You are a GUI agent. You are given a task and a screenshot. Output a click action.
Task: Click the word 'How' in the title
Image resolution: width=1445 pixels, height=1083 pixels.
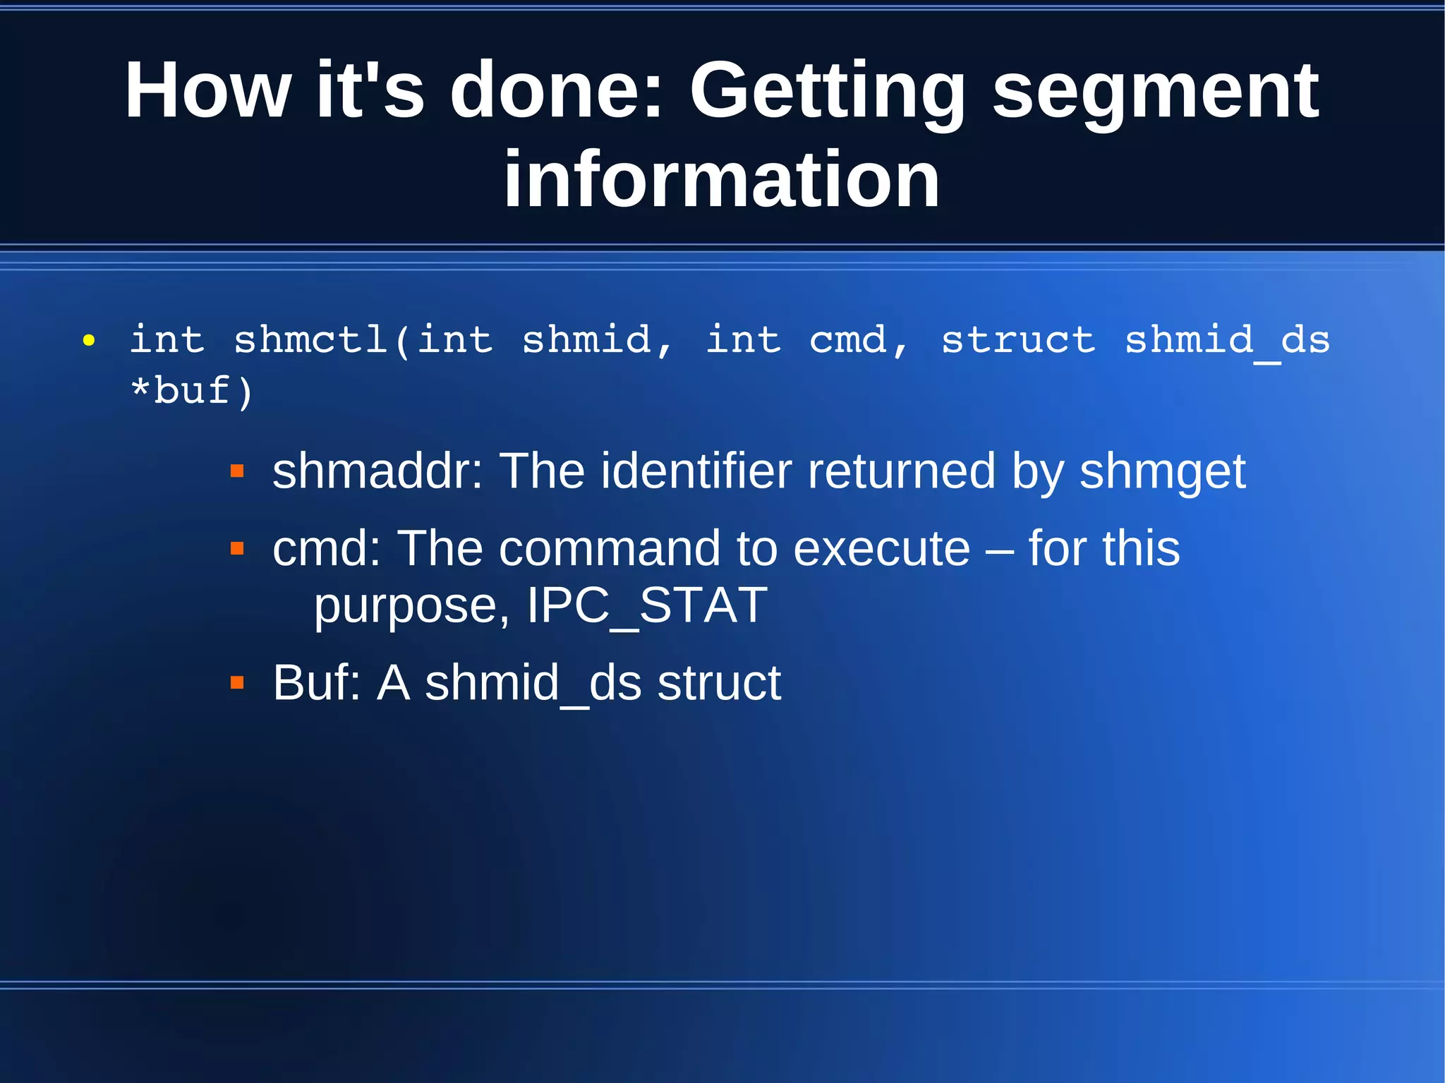point(207,90)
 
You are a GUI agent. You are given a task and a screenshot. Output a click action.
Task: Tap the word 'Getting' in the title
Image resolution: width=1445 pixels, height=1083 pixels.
point(826,92)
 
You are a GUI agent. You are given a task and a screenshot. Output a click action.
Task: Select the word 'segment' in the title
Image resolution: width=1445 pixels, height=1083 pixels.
point(1155,92)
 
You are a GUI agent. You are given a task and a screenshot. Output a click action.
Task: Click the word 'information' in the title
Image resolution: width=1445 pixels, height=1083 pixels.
point(721,180)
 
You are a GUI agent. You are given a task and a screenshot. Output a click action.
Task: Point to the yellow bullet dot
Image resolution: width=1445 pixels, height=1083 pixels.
point(88,341)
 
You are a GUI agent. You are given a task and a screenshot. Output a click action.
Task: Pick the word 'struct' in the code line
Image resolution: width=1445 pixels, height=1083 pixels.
point(1017,340)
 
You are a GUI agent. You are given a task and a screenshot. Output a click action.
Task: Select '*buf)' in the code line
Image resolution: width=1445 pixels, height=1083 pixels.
point(191,391)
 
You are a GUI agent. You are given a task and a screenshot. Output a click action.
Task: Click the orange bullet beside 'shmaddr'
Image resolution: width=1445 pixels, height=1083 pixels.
point(237,471)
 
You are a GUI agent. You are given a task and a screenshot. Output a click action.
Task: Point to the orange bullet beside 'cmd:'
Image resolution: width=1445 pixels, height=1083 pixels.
point(237,548)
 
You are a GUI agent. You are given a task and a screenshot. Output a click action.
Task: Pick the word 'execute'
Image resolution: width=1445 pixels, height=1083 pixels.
point(881,548)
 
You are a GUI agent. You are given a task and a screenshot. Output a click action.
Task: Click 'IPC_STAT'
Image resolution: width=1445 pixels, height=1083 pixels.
point(647,605)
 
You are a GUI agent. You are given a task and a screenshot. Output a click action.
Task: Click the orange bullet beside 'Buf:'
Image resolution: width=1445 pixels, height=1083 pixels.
point(237,683)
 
